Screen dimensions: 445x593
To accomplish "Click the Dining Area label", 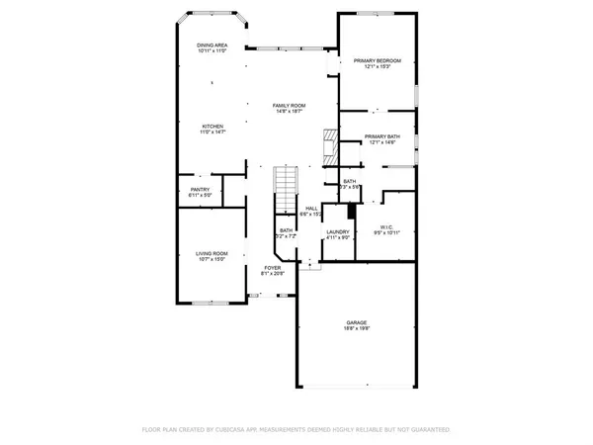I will click(212, 45).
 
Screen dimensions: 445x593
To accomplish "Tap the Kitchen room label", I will click(212, 126).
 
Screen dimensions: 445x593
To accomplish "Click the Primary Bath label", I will click(381, 136).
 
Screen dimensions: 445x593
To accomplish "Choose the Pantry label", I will click(201, 190).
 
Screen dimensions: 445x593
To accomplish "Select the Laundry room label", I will click(339, 231).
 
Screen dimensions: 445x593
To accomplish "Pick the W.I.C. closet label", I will click(385, 226).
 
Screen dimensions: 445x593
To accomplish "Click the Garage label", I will click(356, 322).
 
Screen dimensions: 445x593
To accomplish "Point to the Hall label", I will click(311, 208).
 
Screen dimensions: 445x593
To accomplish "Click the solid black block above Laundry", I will click(349, 213).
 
